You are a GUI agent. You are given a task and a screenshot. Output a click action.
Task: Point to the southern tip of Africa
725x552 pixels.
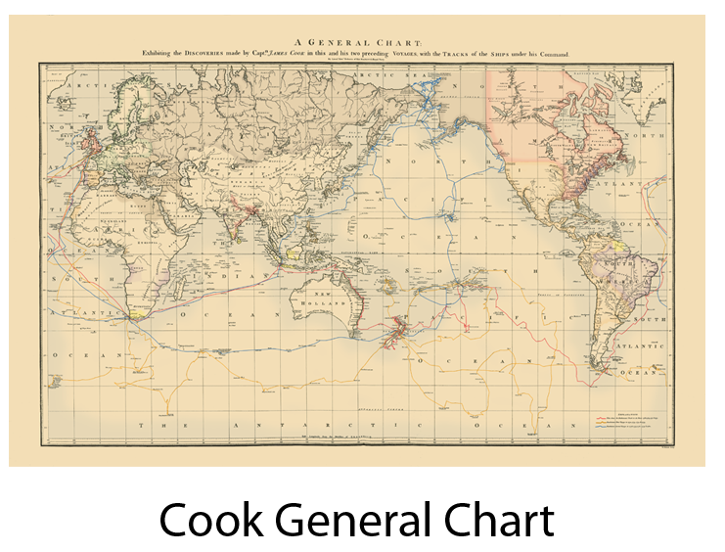click(130, 316)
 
